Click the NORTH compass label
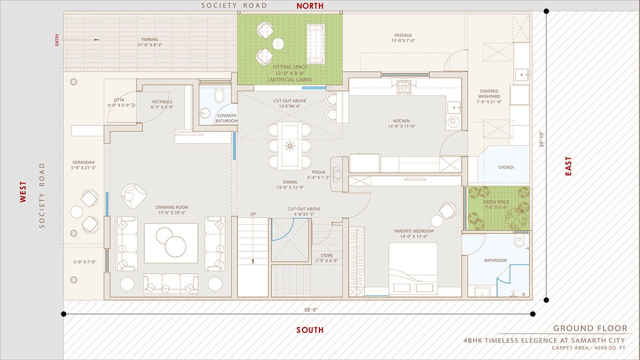tap(310, 6)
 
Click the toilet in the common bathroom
tap(218, 95)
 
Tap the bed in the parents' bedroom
tap(413, 269)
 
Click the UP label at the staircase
tap(253, 214)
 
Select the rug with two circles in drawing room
tap(171, 243)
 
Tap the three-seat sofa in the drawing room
tap(170, 284)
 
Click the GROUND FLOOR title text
tap(590, 329)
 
